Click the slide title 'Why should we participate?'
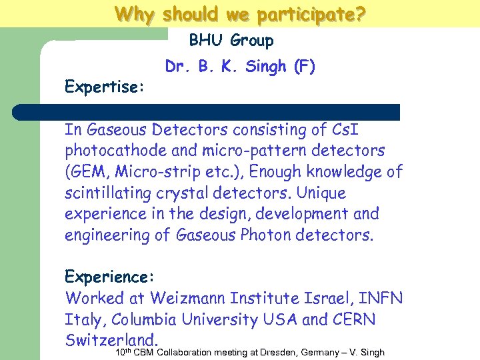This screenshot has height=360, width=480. [x=240, y=14]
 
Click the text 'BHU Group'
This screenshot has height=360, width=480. [x=231, y=41]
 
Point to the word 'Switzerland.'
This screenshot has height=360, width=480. [x=111, y=339]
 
